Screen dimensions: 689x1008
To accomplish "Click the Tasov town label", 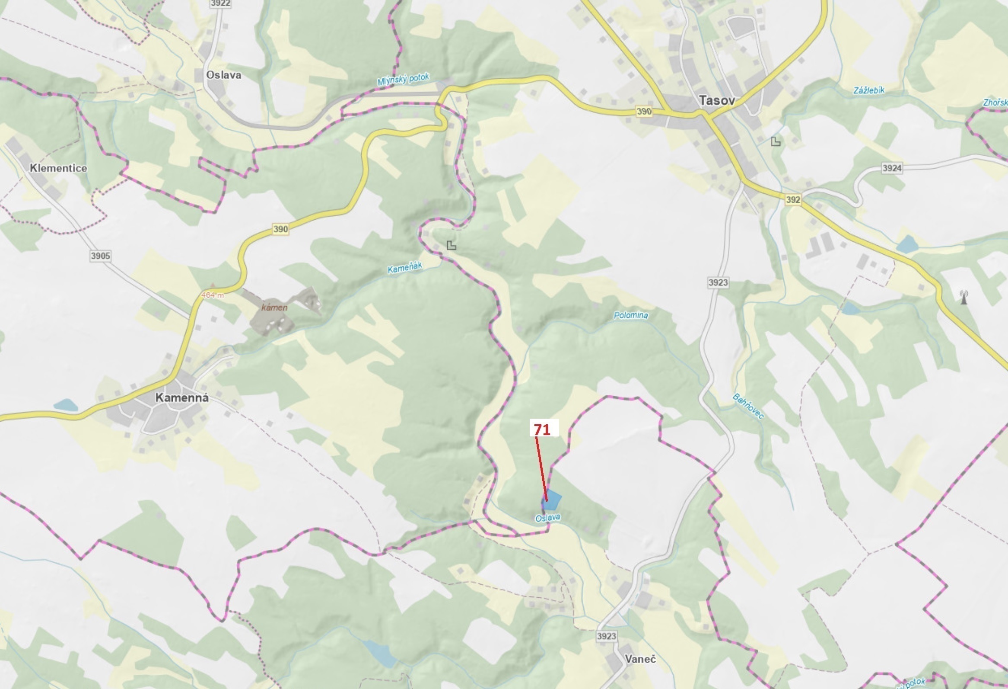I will tap(717, 101).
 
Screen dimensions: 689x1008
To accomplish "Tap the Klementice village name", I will tap(59, 168).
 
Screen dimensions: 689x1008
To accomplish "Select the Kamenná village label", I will tap(182, 397).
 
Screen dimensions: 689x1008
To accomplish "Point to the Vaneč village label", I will tap(640, 659).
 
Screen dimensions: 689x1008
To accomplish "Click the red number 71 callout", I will tap(542, 430).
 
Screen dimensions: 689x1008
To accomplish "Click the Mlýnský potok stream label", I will tap(403, 80).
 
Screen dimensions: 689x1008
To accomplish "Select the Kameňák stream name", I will tap(405, 268).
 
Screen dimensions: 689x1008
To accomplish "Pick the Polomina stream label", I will tap(631, 315).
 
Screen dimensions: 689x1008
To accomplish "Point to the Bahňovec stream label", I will tap(748, 406).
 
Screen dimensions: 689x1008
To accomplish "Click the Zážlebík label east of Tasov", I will tap(869, 90).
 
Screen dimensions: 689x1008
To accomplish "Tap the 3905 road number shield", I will tap(100, 256).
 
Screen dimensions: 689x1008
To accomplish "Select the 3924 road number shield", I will tap(892, 168).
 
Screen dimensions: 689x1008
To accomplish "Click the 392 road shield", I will tap(793, 200).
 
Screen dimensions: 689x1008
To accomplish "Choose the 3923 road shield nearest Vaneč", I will tap(606, 636).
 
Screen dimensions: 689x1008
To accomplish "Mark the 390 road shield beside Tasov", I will tap(644, 111).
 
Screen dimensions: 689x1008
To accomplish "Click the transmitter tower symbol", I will tap(964, 298).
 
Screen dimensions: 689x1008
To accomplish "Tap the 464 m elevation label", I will tap(213, 295).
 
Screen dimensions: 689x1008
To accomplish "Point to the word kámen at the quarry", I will tap(274, 308).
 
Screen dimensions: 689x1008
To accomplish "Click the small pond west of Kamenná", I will tap(66, 406).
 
